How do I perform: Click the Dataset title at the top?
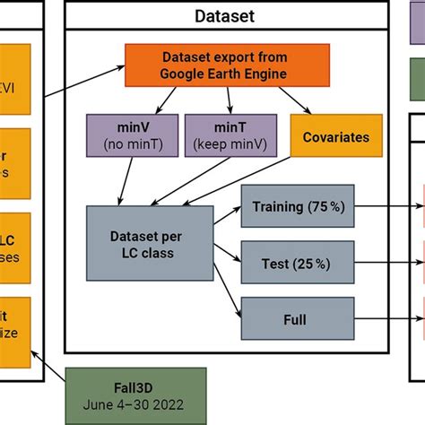pyautogui.click(x=224, y=15)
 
